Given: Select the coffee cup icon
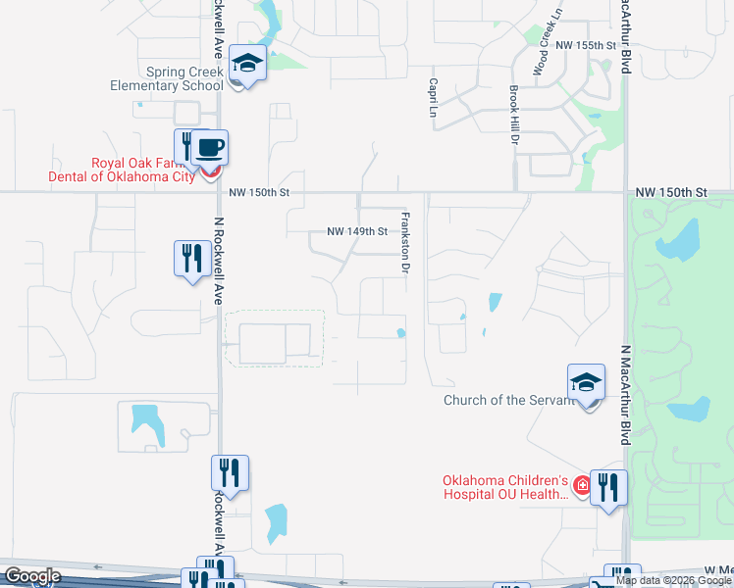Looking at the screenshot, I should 209,148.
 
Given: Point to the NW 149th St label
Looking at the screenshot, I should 357,232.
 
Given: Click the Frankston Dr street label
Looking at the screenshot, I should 403,241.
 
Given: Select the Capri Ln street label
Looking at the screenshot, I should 432,98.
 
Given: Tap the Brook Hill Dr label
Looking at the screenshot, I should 513,114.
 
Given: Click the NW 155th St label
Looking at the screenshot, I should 584,46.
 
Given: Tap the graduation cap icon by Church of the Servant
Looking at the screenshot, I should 586,382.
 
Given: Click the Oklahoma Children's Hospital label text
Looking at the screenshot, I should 505,487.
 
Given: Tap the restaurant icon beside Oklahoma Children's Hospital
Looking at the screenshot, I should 608,487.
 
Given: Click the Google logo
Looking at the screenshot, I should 31,576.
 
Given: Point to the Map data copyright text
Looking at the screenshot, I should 674,580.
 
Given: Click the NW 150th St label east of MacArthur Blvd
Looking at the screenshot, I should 671,193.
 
